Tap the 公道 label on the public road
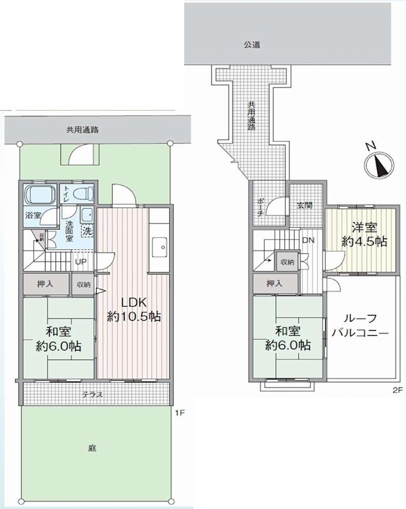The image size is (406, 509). tap(252, 45)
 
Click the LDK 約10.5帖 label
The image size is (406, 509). tap(133, 310)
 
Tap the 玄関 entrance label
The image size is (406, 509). tap(304, 206)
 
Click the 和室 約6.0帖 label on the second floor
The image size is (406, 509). tap(288, 338)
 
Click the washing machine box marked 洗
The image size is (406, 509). tap(87, 232)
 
